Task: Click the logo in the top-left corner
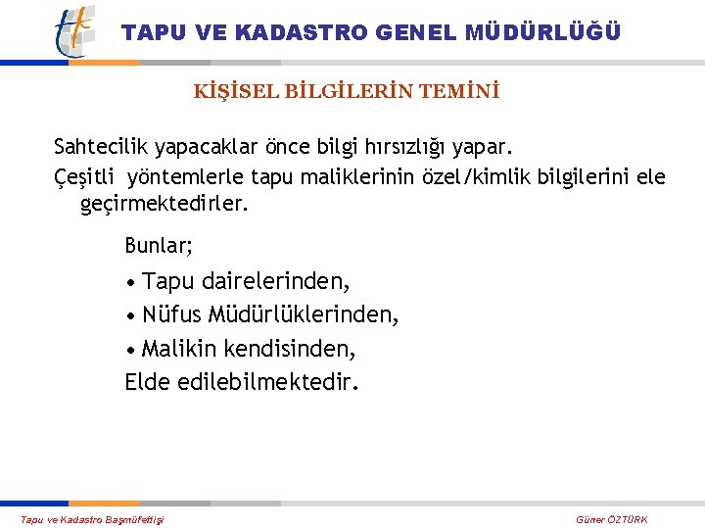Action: (x=75, y=30)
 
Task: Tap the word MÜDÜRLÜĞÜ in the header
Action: (x=543, y=32)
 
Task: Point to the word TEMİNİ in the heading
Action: (x=460, y=92)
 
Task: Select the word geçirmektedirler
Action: (x=164, y=206)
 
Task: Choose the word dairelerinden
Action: (x=275, y=282)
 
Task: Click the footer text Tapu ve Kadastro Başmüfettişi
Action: (x=93, y=519)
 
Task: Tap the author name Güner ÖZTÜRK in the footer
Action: (x=612, y=519)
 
